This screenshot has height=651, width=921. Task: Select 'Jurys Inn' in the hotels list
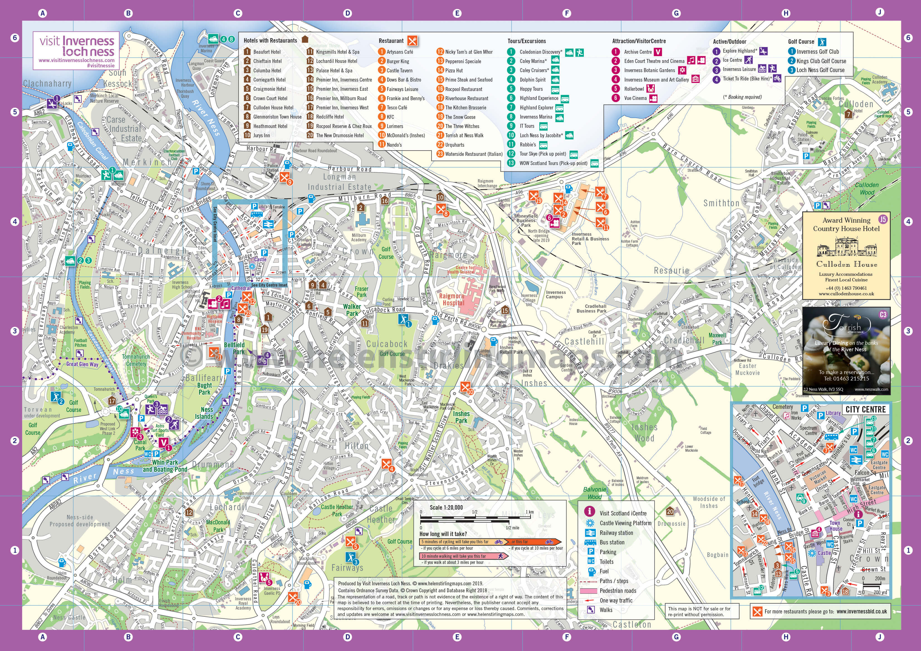coord(261,136)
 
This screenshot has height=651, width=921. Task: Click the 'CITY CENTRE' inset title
coord(865,409)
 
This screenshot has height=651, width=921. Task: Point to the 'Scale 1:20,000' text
coord(446,507)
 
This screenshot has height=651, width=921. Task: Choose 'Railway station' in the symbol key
coord(616,533)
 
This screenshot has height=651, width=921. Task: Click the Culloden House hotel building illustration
coord(846,247)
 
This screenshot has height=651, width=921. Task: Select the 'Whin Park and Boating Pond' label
coord(165,466)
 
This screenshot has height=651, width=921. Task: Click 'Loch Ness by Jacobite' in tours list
coord(541,136)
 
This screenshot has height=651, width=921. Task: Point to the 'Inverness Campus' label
coord(555,294)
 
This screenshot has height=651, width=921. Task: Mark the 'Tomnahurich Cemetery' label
coord(136,360)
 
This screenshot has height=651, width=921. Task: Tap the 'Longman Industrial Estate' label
coord(339,182)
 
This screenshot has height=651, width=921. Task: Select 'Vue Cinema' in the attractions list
coord(635,98)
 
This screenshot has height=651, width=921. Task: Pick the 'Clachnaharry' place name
coord(47,83)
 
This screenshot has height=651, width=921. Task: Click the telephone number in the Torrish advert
coord(846,378)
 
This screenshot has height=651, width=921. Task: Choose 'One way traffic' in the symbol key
coord(616,600)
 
